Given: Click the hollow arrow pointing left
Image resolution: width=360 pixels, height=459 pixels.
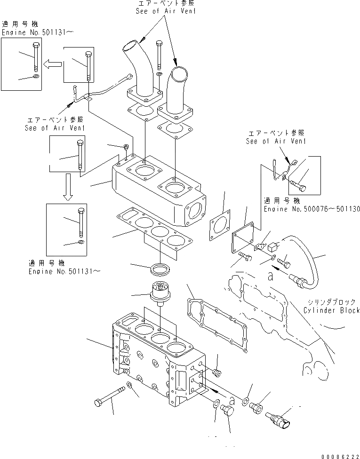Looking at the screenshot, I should tap(53, 64).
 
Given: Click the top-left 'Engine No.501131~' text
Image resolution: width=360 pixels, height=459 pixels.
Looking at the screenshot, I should tap(38, 32).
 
